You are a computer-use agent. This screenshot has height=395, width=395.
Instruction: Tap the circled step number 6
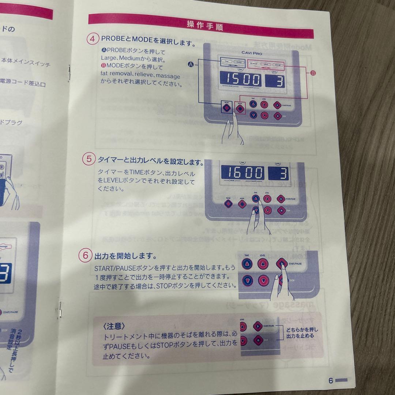coord(85,255)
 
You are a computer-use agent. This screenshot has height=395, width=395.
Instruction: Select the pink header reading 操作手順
coord(204,25)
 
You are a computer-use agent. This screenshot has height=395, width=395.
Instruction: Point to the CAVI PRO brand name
coord(252,53)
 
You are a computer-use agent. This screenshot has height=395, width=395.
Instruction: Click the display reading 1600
coord(242,173)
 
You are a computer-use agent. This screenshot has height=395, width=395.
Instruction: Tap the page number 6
coord(331,381)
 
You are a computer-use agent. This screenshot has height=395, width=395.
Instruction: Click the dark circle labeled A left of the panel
coord(191,64)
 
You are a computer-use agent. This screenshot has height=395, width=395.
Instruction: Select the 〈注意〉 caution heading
coord(114,326)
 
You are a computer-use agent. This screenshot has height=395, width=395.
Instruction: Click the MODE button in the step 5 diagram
coord(242,204)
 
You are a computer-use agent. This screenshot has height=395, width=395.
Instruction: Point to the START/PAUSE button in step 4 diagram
coord(278,104)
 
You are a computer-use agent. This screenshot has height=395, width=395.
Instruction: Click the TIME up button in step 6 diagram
coord(247,264)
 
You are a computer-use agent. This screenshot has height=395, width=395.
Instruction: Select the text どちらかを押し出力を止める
coord(300,332)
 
